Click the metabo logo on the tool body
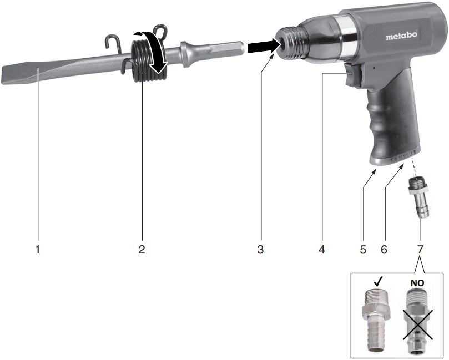click(401, 36)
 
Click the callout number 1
click(38, 249)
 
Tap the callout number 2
click(142, 249)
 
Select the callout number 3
click(260, 249)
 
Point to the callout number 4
click(321, 249)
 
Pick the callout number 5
click(363, 249)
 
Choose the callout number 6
click(384, 249)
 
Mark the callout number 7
click(420, 249)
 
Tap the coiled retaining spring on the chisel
click(148, 60)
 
